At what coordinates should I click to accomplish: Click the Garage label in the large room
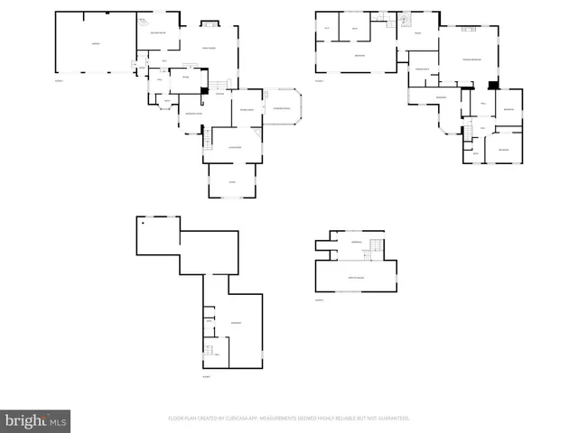coord(95,43)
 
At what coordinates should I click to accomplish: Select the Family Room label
coord(207,49)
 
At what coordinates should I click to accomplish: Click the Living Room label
coord(234,146)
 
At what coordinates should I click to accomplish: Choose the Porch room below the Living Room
coord(233,181)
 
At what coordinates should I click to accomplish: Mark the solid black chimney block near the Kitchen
coord(205,89)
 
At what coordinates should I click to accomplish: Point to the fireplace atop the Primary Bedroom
coord(469,30)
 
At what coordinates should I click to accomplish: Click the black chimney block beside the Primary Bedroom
coord(492,86)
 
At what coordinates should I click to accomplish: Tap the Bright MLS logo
coord(35,420)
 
